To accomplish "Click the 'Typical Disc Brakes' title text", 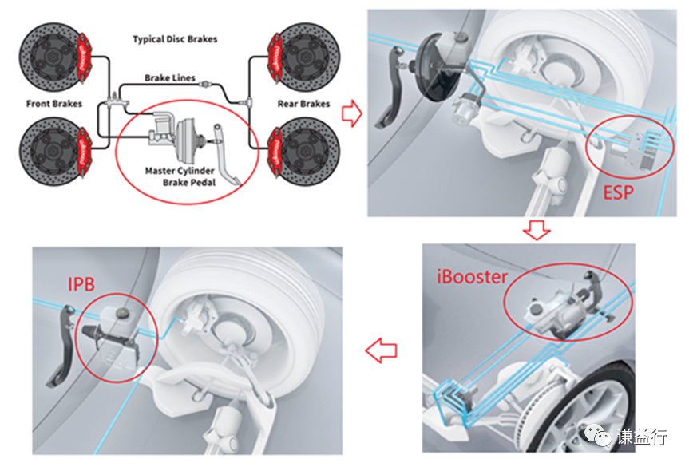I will [x=174, y=38].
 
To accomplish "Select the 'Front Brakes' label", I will [x=53, y=104].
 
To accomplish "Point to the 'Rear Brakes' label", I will [x=303, y=104].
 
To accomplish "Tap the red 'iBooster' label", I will [x=472, y=277].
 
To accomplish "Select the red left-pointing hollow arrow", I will [x=381, y=349].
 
